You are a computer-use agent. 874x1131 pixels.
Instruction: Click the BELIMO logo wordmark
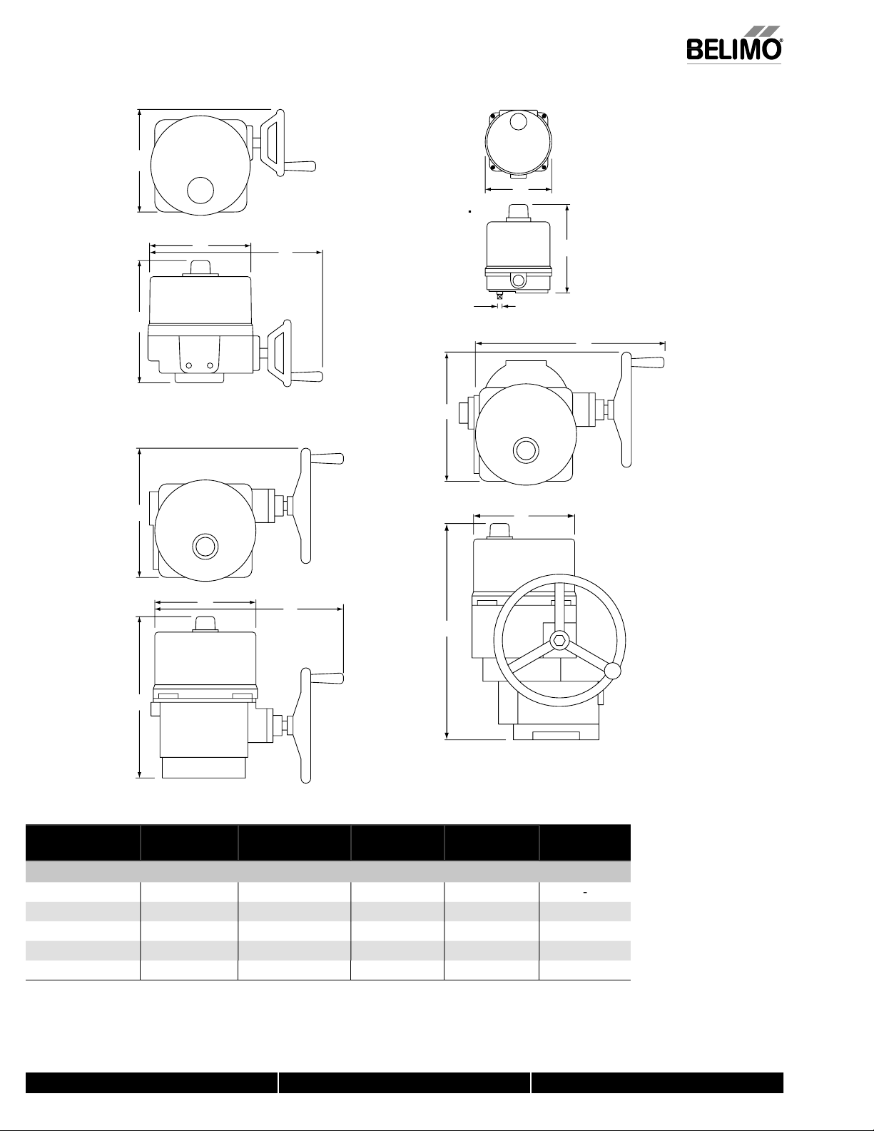tap(733, 50)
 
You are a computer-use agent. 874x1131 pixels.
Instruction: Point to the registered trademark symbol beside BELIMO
tap(780, 39)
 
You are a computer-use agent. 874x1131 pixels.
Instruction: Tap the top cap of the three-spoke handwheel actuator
tap(499, 532)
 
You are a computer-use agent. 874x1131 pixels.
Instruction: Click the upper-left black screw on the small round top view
tap(492, 116)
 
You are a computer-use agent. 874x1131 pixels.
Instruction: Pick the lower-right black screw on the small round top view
tap(544, 167)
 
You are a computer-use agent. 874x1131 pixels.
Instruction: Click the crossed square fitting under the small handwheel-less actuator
tap(500, 295)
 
